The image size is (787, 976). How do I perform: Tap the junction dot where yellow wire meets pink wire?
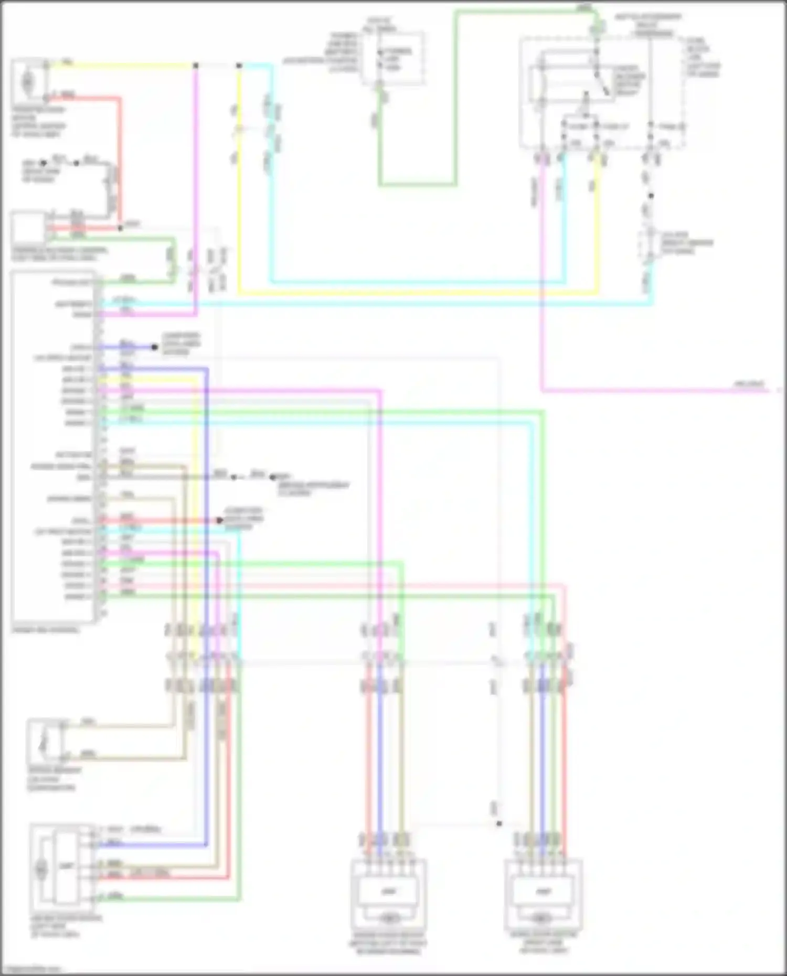tap(196, 66)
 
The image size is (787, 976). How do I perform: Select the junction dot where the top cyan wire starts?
tap(239, 66)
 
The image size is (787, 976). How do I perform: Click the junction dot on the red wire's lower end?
tap(120, 228)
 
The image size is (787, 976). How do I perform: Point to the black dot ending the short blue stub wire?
tap(155, 347)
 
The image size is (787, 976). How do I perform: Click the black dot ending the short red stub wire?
tap(220, 520)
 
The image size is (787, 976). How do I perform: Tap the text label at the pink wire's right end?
tap(749, 384)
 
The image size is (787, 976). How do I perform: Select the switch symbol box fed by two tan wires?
tap(45, 741)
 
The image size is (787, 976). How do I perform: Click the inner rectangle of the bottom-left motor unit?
tap(66, 867)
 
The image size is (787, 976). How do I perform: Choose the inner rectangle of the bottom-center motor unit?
tap(389, 891)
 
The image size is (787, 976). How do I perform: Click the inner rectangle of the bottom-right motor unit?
tap(543, 891)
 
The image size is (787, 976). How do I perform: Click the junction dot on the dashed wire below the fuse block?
tap(651, 196)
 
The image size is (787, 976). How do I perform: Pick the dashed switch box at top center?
tap(393, 58)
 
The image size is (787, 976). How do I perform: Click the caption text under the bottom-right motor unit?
tap(544, 942)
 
